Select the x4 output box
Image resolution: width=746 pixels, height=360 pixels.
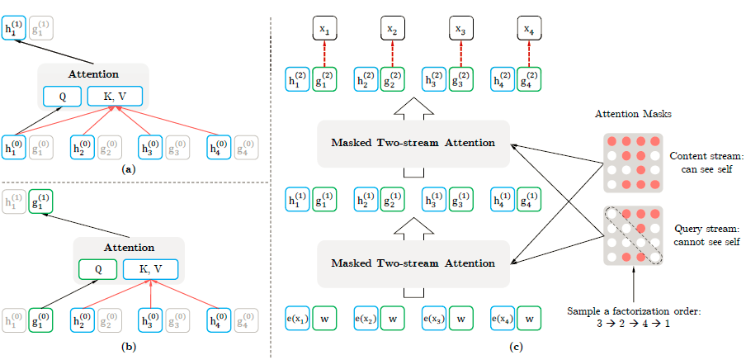[x=527, y=30]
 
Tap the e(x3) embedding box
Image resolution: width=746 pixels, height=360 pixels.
[x=435, y=318]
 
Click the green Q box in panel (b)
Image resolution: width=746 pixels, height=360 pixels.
[x=98, y=269]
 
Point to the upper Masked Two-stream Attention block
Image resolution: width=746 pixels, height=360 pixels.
[x=413, y=143]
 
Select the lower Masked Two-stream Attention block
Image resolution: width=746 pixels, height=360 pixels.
[x=413, y=263]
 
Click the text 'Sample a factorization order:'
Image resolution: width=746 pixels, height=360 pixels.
[x=634, y=310]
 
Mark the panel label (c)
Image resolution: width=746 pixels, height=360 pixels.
[x=516, y=347]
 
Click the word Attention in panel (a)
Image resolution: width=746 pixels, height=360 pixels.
[x=93, y=74]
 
